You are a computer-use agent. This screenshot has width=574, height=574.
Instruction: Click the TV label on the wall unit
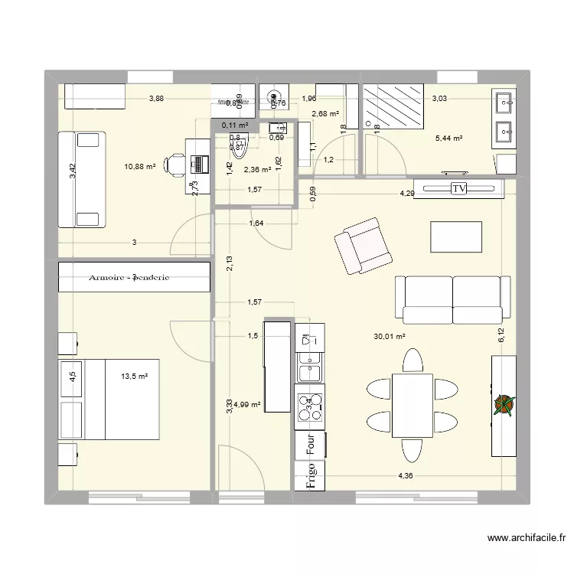[459, 188]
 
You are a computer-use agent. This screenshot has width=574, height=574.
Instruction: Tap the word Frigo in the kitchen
[311, 475]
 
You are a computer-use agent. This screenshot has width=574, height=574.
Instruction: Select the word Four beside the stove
[311, 444]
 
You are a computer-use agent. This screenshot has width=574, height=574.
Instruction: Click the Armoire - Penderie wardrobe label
[134, 279]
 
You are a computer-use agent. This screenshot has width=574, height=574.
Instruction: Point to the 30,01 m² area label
[389, 336]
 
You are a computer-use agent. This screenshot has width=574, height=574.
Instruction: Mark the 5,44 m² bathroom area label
[449, 139]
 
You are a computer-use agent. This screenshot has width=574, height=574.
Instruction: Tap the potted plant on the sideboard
[504, 405]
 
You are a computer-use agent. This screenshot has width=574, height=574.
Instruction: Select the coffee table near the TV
[456, 236]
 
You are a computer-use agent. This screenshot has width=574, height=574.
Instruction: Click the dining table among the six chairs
[412, 406]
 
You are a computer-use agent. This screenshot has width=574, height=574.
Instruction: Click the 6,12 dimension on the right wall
[501, 335]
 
